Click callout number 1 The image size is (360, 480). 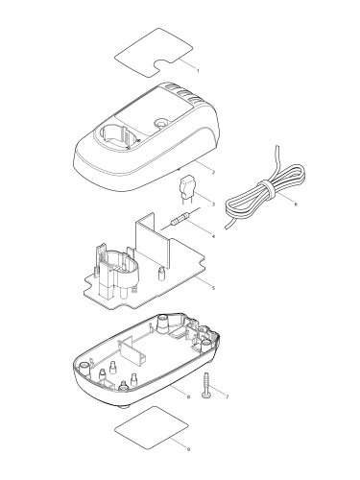(198, 70)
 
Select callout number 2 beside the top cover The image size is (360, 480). (213, 172)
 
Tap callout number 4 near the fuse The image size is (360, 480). (213, 236)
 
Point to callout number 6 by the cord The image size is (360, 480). (296, 204)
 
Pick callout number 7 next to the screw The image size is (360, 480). (228, 396)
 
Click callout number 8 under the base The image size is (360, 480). (188, 396)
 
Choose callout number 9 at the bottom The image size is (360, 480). (188, 449)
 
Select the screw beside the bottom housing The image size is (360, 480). (205, 386)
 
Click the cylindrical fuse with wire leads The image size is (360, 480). (180, 219)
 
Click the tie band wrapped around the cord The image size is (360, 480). (267, 190)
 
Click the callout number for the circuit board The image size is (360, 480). (213, 288)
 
